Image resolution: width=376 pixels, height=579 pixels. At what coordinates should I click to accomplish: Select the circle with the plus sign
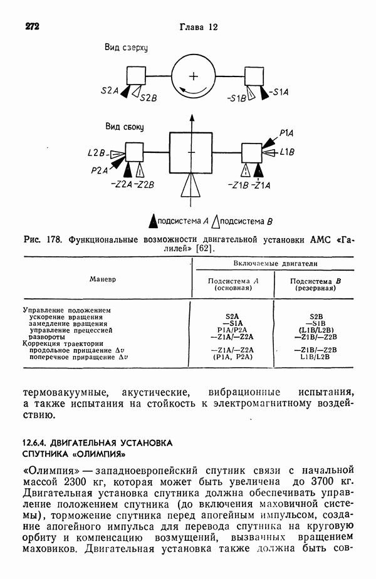(194, 76)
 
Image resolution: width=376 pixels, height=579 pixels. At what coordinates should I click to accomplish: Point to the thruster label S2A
(109, 91)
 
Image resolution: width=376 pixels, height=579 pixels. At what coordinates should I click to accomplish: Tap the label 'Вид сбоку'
(125, 127)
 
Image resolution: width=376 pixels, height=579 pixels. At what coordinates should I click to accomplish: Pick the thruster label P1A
(287, 133)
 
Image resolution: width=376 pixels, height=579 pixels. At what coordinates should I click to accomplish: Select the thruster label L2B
(97, 152)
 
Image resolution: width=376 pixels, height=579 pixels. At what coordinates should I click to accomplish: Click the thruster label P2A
(99, 169)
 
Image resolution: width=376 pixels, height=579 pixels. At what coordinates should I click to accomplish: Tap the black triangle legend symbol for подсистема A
(152, 221)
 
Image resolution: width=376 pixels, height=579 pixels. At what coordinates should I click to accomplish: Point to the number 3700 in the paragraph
(306, 482)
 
